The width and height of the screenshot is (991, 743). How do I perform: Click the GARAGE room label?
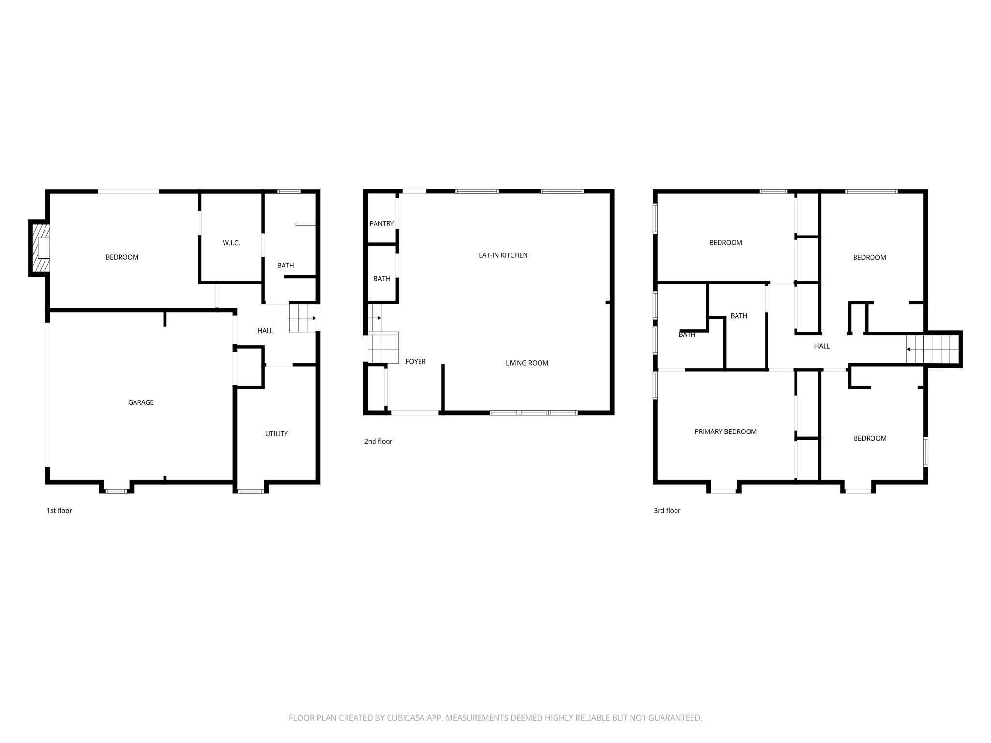tap(141, 402)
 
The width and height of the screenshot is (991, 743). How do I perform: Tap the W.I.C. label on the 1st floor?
tap(231, 243)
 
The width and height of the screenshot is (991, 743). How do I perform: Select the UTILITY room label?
tap(276, 434)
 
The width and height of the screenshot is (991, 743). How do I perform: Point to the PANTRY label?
tap(382, 223)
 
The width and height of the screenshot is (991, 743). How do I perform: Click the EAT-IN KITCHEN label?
tap(503, 255)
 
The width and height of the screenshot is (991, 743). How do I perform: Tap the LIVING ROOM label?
tap(526, 363)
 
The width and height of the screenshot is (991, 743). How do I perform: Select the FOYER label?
tap(415, 362)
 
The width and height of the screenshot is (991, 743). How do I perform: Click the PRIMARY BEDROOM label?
tap(725, 432)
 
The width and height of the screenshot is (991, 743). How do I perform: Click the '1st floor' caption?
tap(59, 511)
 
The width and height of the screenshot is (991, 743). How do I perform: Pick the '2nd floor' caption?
tap(378, 442)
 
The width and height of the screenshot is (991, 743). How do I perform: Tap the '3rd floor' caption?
tap(667, 511)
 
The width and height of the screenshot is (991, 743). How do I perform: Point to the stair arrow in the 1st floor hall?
tap(314, 318)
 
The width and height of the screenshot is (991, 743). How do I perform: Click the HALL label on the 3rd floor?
tap(822, 346)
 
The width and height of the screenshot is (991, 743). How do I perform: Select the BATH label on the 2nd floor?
tap(382, 279)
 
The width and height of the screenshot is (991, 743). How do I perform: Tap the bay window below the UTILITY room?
tap(251, 491)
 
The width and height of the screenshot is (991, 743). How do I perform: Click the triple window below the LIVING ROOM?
tap(534, 413)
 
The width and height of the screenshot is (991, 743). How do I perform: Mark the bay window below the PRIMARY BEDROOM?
tap(723, 491)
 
